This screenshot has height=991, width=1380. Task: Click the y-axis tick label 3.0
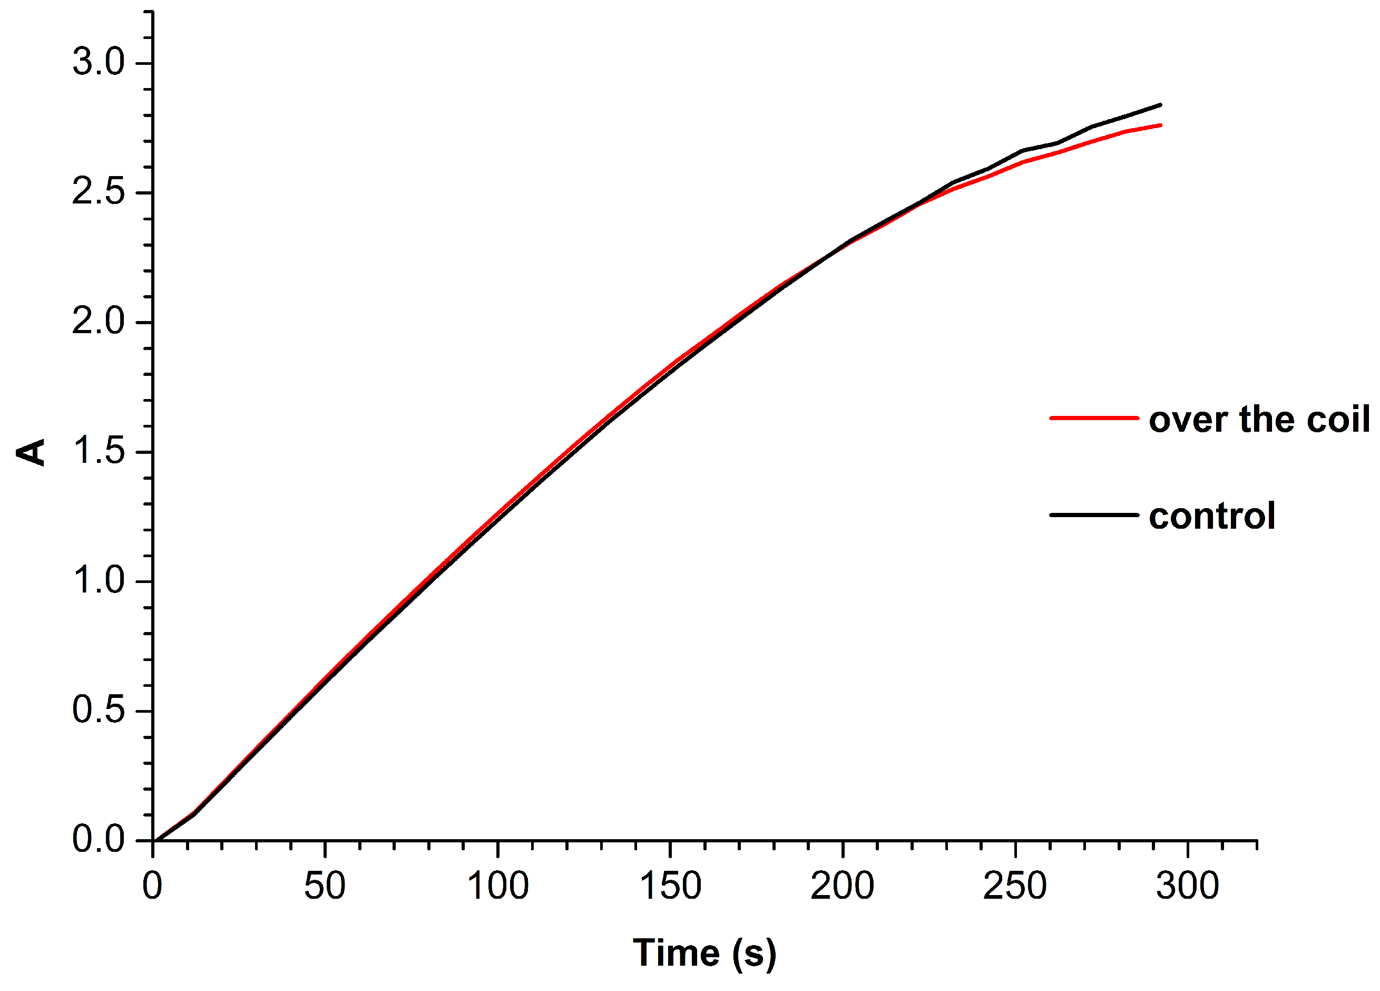pyautogui.click(x=98, y=62)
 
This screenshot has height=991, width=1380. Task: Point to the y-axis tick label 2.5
pyautogui.click(x=98, y=192)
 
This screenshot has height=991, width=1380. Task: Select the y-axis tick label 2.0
pyautogui.click(x=98, y=322)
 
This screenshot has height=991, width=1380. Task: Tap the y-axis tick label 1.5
pyautogui.click(x=98, y=451)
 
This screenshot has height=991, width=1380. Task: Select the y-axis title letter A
pyautogui.click(x=32, y=452)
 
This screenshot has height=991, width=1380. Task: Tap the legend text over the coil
pyautogui.click(x=1259, y=420)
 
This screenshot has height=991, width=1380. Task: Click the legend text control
pyautogui.click(x=1211, y=516)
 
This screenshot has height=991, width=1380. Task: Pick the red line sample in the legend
pyautogui.click(x=1093, y=418)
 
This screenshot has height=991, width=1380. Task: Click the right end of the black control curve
pyautogui.click(x=1160, y=105)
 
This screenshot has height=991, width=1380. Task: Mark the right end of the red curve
pyautogui.click(x=1160, y=125)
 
